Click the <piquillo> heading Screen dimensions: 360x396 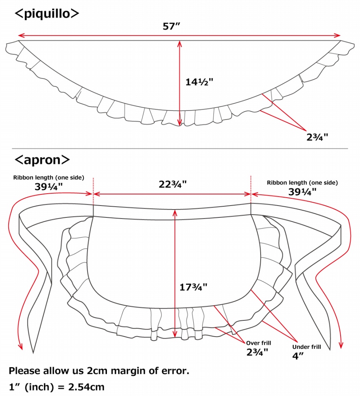pyautogui.click(x=47, y=13)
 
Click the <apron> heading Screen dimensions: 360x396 pyautogui.click(x=42, y=160)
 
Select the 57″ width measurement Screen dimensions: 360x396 pyautogui.click(x=171, y=26)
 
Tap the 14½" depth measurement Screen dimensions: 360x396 pyautogui.click(x=199, y=82)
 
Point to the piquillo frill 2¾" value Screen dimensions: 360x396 pyautogui.click(x=317, y=137)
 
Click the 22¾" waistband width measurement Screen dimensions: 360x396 pyautogui.click(x=173, y=185)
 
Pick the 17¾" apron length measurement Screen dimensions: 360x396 pyautogui.click(x=193, y=287)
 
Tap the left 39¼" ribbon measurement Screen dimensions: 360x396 pyautogui.click(x=48, y=187)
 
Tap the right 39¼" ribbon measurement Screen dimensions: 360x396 pyautogui.click(x=302, y=192)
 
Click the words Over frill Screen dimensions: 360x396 pyautogui.click(x=259, y=343)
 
